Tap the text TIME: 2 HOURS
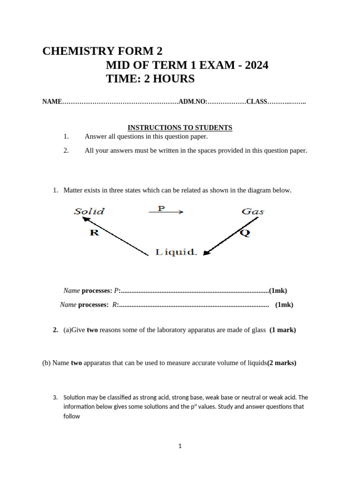coord(150,79)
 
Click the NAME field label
coord(52,102)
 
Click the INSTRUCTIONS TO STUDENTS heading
coord(180,127)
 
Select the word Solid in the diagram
coord(89,211)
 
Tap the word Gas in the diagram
coord(253,211)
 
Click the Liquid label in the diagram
coord(176,252)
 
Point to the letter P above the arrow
coord(161,208)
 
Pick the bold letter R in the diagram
coord(94,232)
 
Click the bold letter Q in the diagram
coord(245,233)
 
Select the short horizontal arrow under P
coord(166,212)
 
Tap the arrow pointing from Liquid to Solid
coord(111,235)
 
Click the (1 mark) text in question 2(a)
coord(283,330)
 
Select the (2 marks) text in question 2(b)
coord(282,363)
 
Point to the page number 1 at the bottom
coord(180,446)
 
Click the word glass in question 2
coord(258,330)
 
